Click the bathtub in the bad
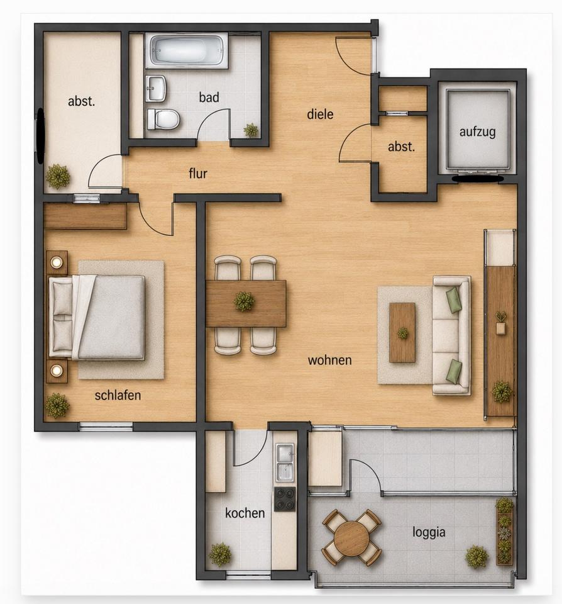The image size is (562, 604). [187, 50]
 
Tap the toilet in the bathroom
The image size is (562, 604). [163, 119]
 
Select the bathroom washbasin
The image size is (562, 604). [156, 88]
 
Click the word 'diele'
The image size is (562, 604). [320, 114]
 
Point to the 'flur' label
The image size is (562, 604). [198, 174]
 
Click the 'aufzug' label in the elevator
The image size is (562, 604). [477, 131]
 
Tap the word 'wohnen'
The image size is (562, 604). [329, 360]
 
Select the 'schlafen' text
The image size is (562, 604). [118, 395]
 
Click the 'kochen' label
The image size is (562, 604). [245, 513]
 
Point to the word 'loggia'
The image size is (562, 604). [429, 532]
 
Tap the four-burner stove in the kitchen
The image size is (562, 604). [285, 499]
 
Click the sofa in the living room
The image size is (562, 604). [451, 335]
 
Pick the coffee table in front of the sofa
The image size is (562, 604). [402, 332]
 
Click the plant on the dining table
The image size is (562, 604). [244, 301]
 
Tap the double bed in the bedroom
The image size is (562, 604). [97, 317]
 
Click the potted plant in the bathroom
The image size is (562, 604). [251, 130]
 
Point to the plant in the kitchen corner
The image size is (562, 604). [220, 554]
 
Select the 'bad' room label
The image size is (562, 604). [209, 97]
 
